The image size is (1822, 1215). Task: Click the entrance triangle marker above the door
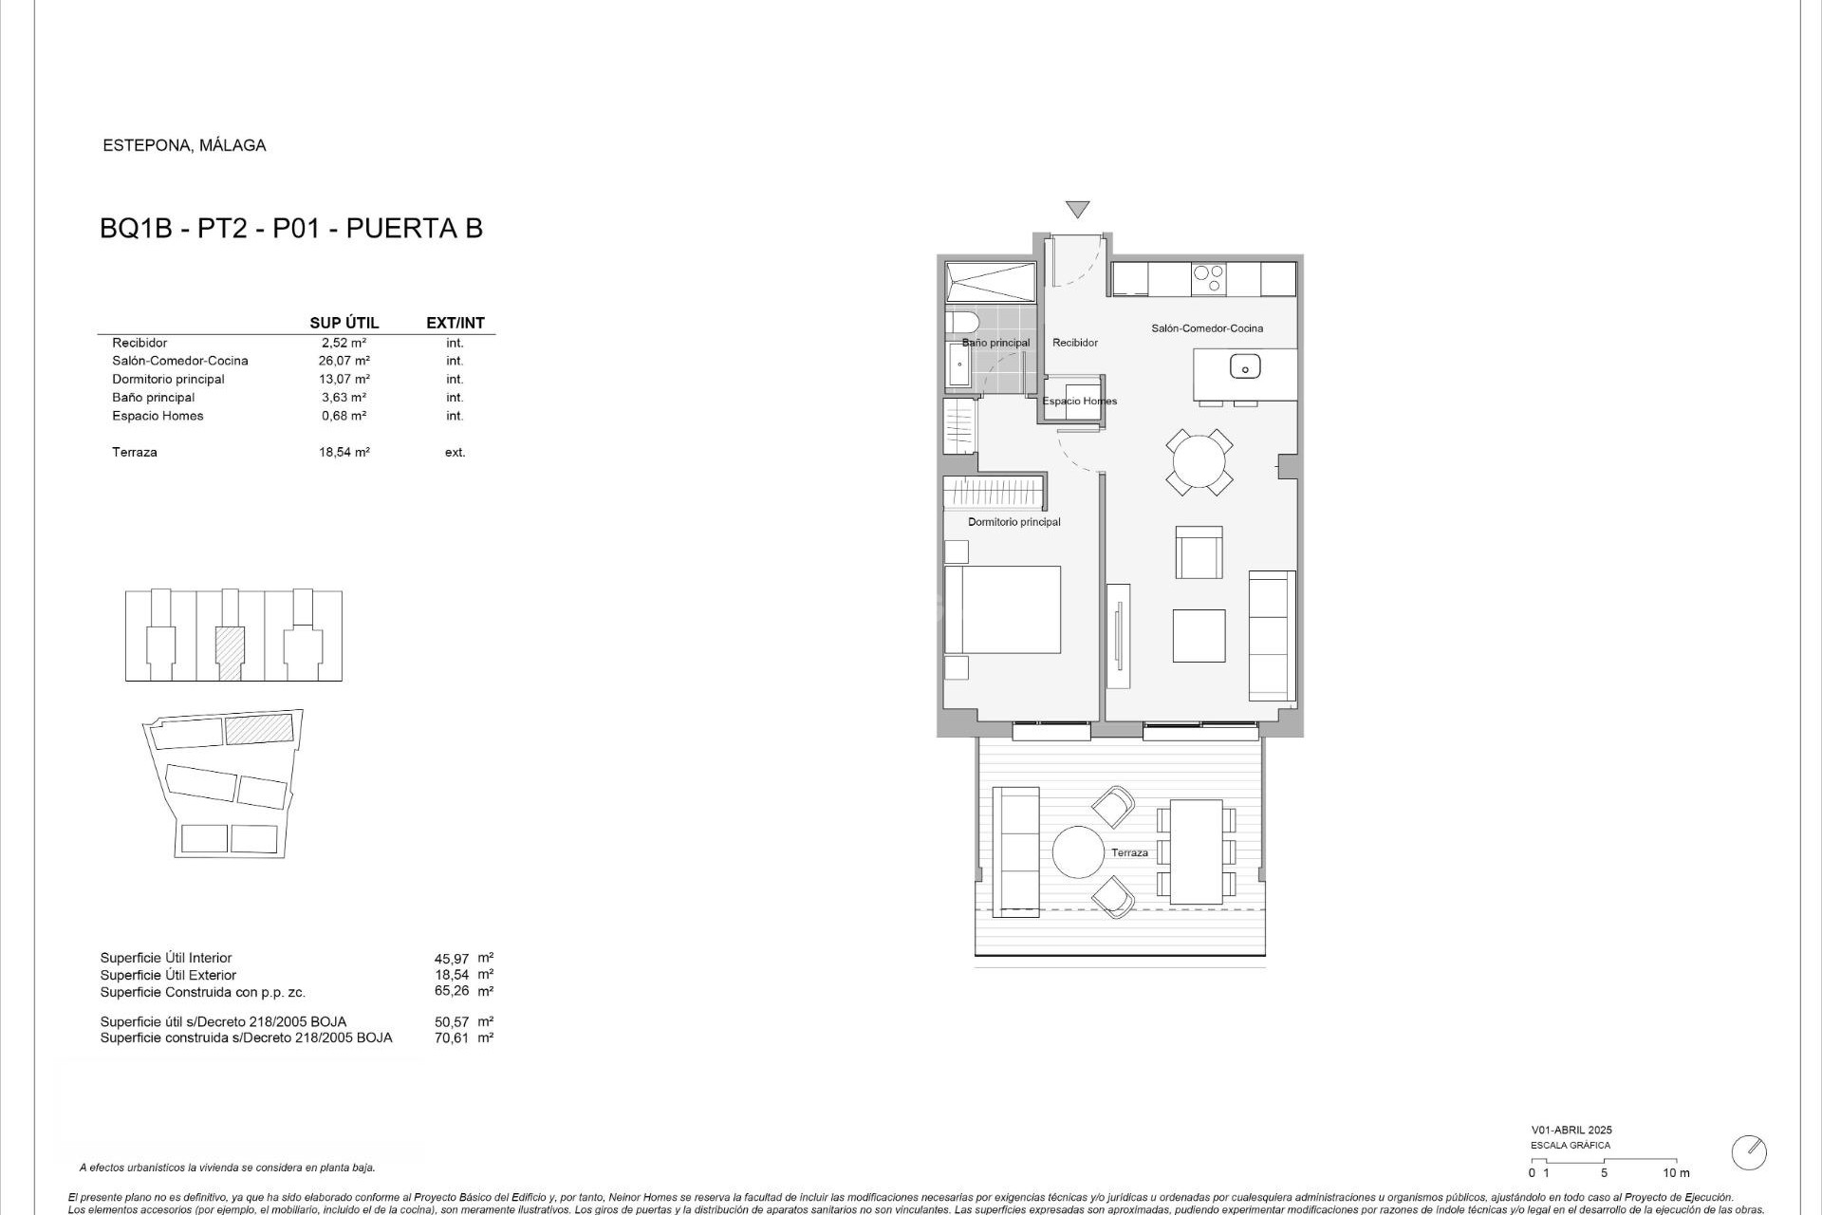(x=1077, y=209)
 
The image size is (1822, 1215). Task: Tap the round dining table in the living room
(x=1199, y=462)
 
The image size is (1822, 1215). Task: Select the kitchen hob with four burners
(x=1208, y=279)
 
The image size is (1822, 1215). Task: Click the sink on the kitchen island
(x=1245, y=365)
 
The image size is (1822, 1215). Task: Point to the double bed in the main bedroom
(x=1002, y=609)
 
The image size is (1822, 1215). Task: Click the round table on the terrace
(x=1078, y=851)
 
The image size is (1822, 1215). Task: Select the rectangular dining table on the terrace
(x=1196, y=851)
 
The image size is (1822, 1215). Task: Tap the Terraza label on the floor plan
(x=1129, y=852)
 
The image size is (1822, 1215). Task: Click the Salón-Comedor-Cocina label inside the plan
(x=1207, y=328)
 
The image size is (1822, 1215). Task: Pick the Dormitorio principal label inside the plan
(x=1013, y=522)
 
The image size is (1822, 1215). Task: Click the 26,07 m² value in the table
(x=344, y=361)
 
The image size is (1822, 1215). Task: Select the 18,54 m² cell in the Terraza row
(x=344, y=452)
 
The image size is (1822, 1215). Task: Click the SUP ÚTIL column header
(x=344, y=323)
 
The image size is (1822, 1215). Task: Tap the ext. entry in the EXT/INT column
(x=455, y=452)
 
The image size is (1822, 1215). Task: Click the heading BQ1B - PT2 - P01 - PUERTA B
(x=291, y=229)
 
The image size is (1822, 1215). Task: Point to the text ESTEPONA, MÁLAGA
(x=184, y=145)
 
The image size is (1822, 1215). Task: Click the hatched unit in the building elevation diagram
(x=230, y=652)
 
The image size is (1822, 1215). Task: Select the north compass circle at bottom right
(x=1749, y=1152)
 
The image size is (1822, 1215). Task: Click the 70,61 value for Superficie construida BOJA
(x=451, y=1037)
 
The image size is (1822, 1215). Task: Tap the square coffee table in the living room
(x=1199, y=635)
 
